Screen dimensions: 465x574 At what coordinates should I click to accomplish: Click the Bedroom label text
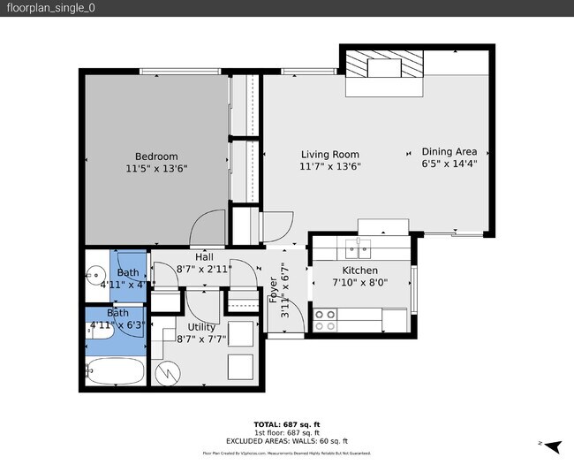156,156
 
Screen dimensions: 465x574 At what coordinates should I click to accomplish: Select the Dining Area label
449,151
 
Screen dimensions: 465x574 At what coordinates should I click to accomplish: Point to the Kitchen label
359,271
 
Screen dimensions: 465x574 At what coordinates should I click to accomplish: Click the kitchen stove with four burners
325,314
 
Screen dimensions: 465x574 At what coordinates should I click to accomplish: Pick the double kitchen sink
363,244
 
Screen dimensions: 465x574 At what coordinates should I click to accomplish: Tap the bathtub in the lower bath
115,371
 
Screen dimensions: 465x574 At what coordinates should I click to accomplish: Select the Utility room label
201,326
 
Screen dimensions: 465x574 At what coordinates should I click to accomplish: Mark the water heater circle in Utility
166,372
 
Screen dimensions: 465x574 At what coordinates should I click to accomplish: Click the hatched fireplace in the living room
382,65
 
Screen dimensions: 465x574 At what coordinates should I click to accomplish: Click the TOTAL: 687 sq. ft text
286,424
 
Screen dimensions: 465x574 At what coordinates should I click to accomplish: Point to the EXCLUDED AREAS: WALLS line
286,441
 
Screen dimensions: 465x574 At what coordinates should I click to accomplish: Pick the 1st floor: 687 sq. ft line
286,433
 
